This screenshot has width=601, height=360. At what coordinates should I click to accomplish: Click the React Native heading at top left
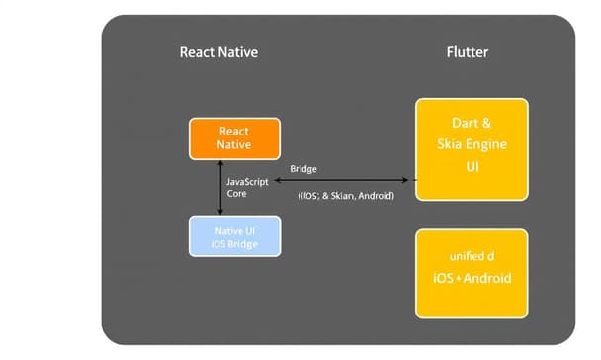click(218, 51)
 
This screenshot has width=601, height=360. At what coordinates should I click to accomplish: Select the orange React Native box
click(234, 137)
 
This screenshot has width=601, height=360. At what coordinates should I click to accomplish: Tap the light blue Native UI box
click(234, 237)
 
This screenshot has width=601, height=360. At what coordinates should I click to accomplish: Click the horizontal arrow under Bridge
click(346, 181)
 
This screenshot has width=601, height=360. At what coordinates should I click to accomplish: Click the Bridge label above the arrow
click(303, 169)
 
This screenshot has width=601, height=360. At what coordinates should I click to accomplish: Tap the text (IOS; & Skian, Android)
click(346, 196)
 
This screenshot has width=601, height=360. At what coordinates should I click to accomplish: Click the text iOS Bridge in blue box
click(235, 244)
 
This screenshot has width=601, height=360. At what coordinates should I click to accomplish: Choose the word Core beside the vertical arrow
click(238, 195)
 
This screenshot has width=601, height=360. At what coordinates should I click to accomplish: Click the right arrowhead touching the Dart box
click(408, 181)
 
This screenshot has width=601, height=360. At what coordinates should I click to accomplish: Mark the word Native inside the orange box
click(234, 145)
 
